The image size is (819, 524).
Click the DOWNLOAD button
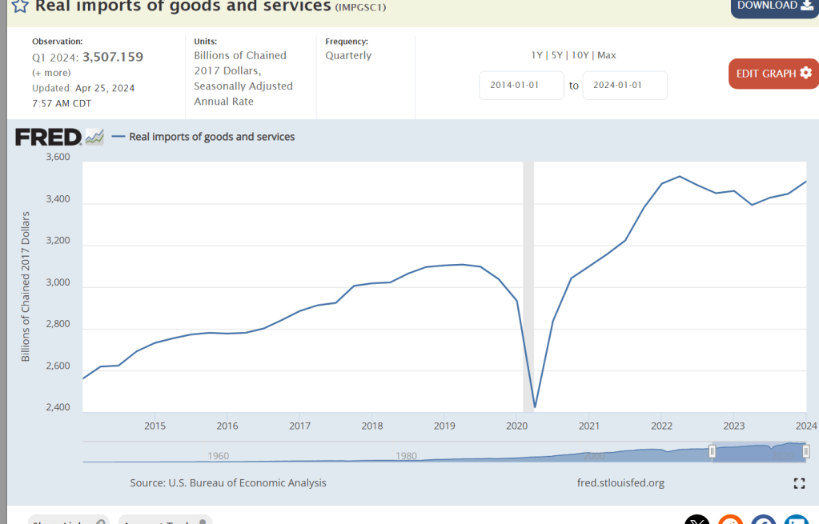pos(773,6)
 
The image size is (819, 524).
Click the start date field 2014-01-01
pos(521,86)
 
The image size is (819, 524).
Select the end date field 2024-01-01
pos(624,86)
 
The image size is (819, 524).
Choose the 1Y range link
pos(536,55)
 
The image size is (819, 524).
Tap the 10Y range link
pos(580,55)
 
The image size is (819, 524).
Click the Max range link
pos(606,55)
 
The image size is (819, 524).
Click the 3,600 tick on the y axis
pos(58,158)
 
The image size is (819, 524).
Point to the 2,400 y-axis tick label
pos(58,408)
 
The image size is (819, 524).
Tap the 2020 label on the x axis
pos(516,426)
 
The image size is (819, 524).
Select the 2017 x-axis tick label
pos(299,426)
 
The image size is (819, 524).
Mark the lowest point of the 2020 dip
pos(535,407)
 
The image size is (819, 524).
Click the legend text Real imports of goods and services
pos(212,137)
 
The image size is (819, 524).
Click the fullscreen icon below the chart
pos(798,483)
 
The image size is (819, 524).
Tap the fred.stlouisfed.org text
pos(620,483)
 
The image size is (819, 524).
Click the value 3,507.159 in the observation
pos(113,57)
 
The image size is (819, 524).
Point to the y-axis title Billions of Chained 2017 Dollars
pos(26,286)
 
